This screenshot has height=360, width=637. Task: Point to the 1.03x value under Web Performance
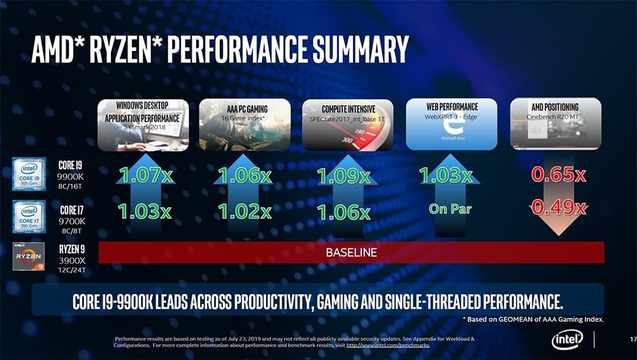(445, 175)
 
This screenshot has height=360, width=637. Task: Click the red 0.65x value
(559, 175)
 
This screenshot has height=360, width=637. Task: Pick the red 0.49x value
(559, 207)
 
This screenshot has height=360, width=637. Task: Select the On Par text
(450, 208)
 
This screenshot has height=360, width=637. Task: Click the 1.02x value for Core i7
(245, 211)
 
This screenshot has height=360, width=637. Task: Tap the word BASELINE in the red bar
(351, 252)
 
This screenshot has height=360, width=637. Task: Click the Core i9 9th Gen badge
(29, 175)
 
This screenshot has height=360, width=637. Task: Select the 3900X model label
(71, 259)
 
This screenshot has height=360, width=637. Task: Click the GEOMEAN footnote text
(533, 319)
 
